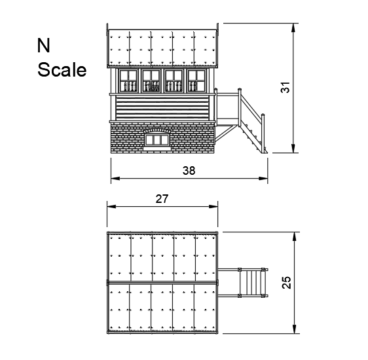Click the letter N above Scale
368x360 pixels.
(x=44, y=45)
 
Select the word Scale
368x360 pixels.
(x=62, y=69)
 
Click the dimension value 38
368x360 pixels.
(x=189, y=170)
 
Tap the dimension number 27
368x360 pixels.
(x=163, y=199)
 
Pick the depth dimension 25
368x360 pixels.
(x=285, y=282)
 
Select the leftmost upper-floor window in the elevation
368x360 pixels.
(x=128, y=81)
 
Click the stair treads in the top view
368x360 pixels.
(x=252, y=282)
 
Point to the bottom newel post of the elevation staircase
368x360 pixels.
(x=265, y=134)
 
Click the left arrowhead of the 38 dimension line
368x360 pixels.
(x=113, y=179)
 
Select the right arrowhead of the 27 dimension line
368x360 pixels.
(x=215, y=206)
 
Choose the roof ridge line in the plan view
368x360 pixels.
(x=163, y=282)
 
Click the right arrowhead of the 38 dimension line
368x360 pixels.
(x=265, y=179)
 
